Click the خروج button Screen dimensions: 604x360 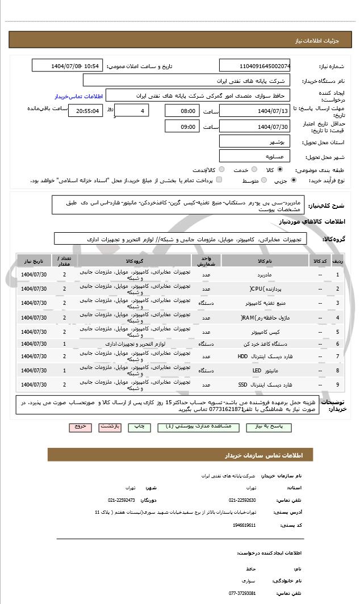pyautogui.click(x=79, y=426)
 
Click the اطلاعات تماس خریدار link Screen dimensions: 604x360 pyautogui.click(x=77, y=96)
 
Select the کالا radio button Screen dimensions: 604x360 pyautogui.click(x=279, y=169)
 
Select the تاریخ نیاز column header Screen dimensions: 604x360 pyautogui.click(x=33, y=261)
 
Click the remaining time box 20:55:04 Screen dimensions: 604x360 pyautogui.click(x=86, y=111)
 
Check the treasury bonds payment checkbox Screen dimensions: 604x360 pyautogui.click(x=219, y=180)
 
